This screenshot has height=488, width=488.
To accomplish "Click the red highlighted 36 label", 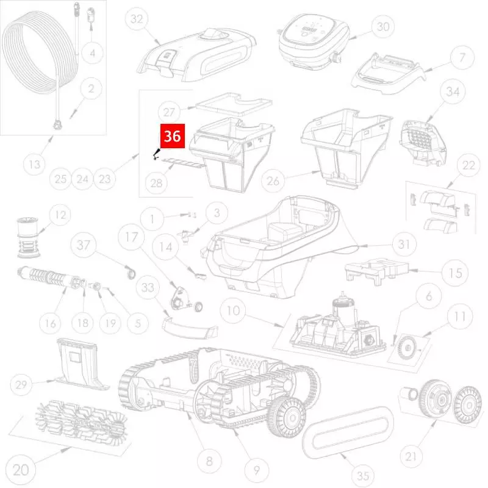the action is (x=173, y=136).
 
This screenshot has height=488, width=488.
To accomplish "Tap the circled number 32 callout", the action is (x=137, y=20).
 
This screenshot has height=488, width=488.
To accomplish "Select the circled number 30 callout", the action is (x=383, y=27).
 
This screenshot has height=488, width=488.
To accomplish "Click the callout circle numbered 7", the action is (x=462, y=57).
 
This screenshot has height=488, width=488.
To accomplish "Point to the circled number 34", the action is (x=453, y=91).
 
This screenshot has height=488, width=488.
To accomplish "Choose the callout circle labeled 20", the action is (x=21, y=470).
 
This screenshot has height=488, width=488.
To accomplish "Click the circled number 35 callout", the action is (x=363, y=476).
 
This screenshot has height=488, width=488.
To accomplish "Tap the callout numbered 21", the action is (x=411, y=456).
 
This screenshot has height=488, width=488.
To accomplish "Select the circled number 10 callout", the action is (x=234, y=310).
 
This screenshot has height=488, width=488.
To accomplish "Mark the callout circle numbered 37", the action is (x=84, y=245).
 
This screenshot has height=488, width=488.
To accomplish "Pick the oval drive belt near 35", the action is (x=348, y=432).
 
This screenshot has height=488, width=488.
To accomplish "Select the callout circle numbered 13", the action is (x=34, y=164).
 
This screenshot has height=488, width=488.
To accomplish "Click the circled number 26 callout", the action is (x=273, y=181).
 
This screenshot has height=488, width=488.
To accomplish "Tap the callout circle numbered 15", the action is (x=455, y=273).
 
